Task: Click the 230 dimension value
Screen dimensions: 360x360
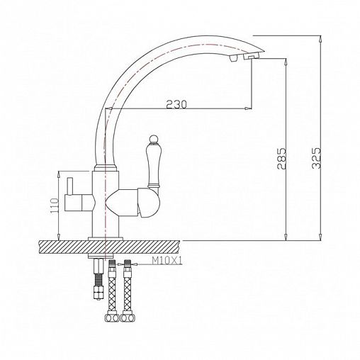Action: [176, 104]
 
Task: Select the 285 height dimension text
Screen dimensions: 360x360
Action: [281, 159]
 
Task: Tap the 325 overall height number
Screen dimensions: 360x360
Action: [316, 158]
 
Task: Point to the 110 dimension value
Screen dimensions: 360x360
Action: [54, 205]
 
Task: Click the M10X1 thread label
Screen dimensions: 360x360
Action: [167, 261]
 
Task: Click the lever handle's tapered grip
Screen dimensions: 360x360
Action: [153, 164]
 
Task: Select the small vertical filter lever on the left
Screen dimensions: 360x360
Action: [69, 186]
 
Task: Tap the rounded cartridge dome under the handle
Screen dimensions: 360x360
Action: [149, 203]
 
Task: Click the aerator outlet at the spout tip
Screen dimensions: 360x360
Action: [251, 57]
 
